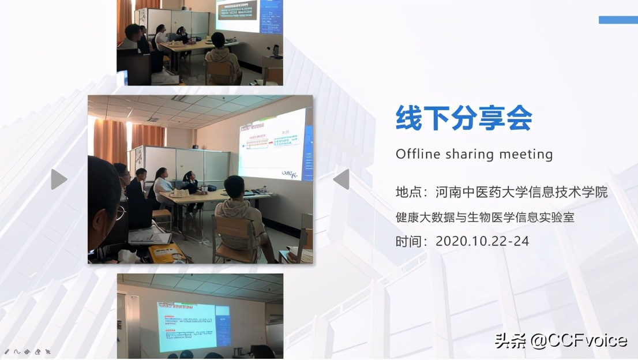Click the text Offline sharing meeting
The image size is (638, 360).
(474, 154)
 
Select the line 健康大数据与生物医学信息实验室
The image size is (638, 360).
(485, 217)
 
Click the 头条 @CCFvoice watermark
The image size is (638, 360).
(561, 340)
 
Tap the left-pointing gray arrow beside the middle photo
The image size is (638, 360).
(341, 179)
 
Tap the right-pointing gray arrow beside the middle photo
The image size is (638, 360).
(58, 179)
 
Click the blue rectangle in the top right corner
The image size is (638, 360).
(618, 20)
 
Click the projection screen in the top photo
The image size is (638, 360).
(238, 15)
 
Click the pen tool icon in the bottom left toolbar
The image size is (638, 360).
(7, 351)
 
